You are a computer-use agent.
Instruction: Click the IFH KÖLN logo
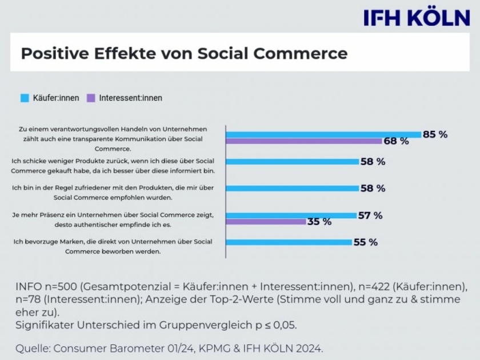click(417, 18)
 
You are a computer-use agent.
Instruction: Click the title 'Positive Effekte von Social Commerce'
click(184, 54)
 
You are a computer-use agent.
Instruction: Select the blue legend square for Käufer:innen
click(25, 98)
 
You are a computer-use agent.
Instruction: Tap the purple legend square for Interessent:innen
click(90, 98)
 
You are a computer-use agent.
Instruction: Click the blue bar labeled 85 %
click(323, 134)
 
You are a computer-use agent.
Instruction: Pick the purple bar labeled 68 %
click(304, 141)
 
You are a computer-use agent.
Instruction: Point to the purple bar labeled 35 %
click(266, 222)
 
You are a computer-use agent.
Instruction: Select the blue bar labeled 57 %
click(291, 215)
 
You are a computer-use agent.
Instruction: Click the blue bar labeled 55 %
click(289, 242)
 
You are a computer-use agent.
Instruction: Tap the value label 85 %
click(435, 134)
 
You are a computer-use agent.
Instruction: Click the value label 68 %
click(396, 141)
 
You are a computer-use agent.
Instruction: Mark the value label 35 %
click(319, 222)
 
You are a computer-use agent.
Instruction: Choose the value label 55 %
click(365, 242)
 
